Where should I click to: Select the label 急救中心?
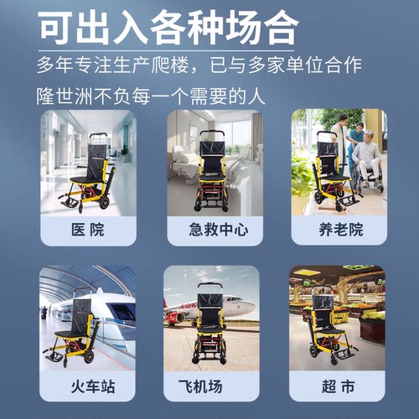(x=209, y=227)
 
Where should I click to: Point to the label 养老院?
(x=334, y=227)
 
